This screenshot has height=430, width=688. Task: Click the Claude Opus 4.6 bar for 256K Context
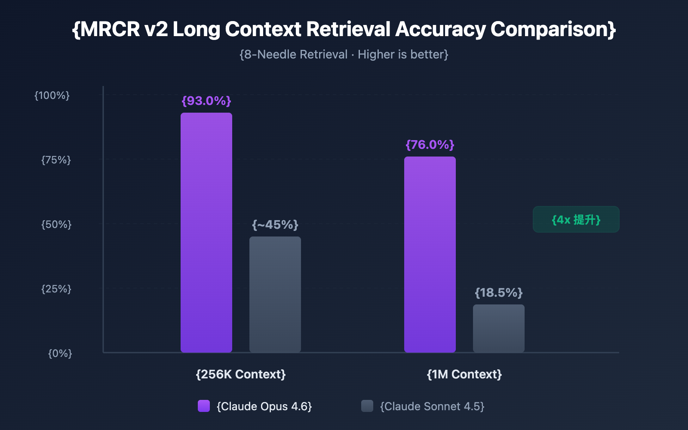click(x=206, y=232)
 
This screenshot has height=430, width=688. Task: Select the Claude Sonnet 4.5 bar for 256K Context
click(x=275, y=295)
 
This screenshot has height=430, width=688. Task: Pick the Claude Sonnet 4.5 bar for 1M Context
click(x=499, y=329)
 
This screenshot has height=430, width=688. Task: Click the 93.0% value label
click(x=206, y=101)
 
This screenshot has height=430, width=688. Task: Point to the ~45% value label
click(x=275, y=225)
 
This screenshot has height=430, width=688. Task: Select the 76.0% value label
click(x=430, y=145)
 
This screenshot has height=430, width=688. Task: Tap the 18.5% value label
click(x=499, y=293)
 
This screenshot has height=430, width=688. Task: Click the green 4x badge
click(x=576, y=219)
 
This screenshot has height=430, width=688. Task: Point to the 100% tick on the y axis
click(x=52, y=95)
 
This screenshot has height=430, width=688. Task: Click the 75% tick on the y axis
click(x=56, y=160)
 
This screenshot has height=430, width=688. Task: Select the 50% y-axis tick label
click(x=56, y=224)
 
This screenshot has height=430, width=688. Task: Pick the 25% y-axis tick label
click(x=56, y=289)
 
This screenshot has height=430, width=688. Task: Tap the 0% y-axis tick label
click(x=60, y=353)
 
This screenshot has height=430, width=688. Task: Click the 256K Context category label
click(x=241, y=374)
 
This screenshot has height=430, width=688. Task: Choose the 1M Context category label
click(x=464, y=374)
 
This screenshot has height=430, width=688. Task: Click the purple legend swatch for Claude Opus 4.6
click(x=204, y=406)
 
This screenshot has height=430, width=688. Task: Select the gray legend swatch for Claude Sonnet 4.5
click(x=367, y=406)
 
